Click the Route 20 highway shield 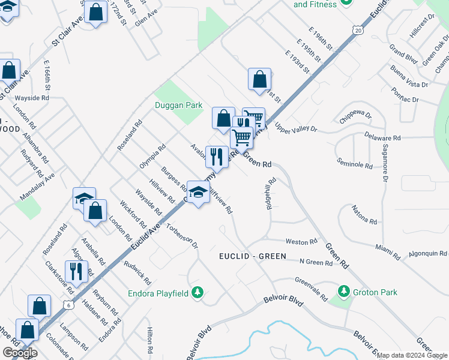[x=358, y=29]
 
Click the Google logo [x=20, y=353]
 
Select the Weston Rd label [x=301, y=242]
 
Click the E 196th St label [x=321, y=40]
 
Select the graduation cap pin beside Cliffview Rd [x=197, y=192]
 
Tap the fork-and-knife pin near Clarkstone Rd [x=76, y=271]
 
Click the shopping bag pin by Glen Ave [x=96, y=11]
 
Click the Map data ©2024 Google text [x=412, y=355]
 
